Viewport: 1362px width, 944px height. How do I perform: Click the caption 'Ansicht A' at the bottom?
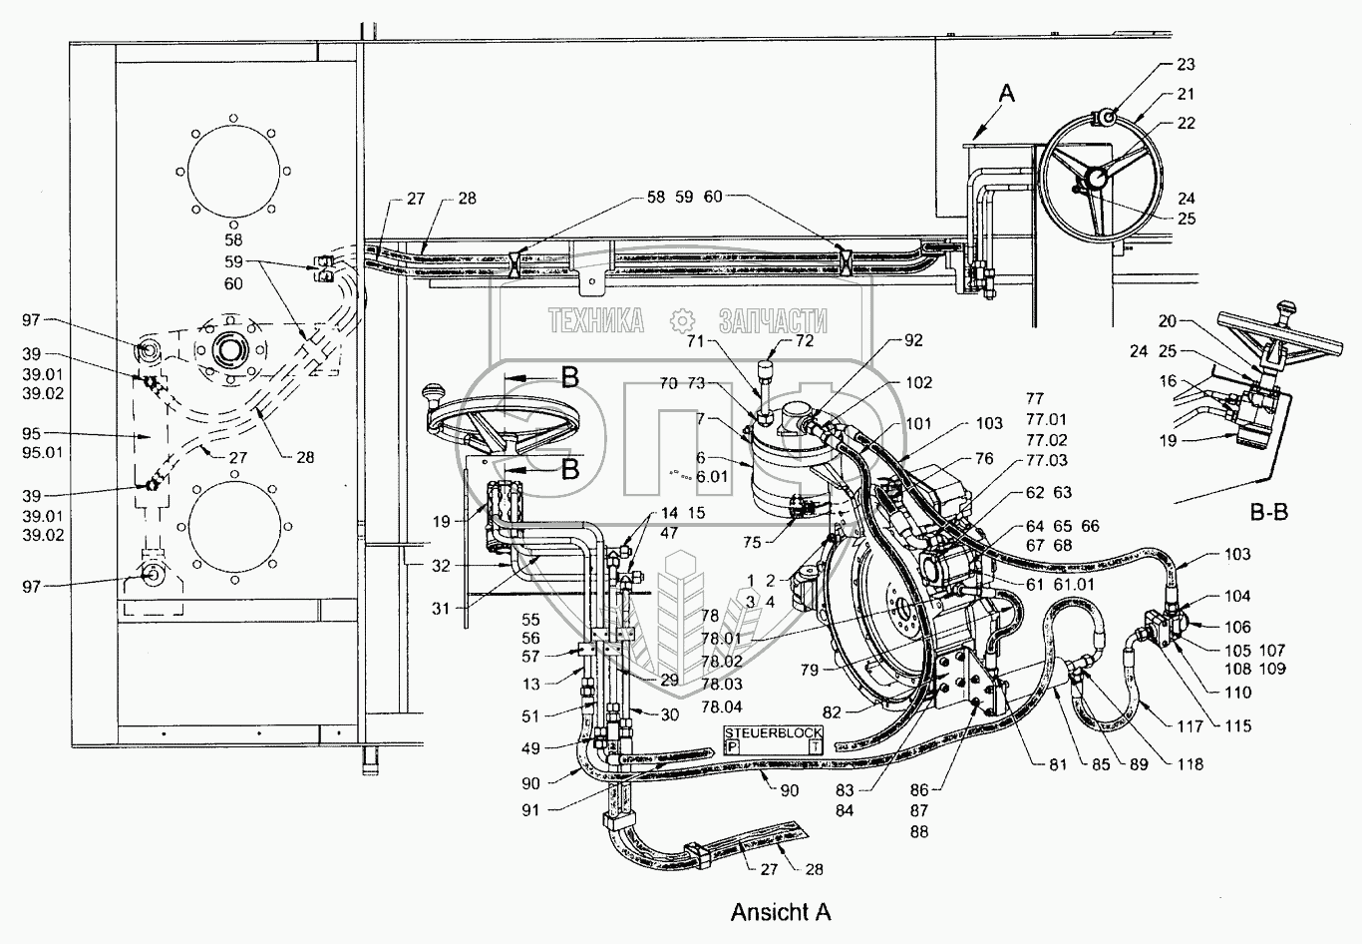coord(780,912)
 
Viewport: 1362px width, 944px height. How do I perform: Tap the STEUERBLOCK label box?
coord(774,739)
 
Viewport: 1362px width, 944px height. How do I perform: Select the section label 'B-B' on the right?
coord(1268,513)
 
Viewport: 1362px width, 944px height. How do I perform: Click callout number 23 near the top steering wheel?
coord(1186,64)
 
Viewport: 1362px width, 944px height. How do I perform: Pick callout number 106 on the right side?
coord(1238,627)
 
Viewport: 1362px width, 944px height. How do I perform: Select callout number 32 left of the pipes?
coord(441,565)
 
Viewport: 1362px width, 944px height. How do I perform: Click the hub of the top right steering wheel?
coord(1097,178)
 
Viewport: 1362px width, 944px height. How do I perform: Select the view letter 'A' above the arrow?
coord(1007,94)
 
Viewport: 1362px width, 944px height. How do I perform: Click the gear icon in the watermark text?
coord(682,320)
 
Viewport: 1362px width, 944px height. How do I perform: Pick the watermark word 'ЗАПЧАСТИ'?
coord(773,320)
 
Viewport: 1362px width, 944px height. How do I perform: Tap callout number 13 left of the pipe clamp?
coord(530,684)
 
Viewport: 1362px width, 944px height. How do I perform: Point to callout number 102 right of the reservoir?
coord(918,382)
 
